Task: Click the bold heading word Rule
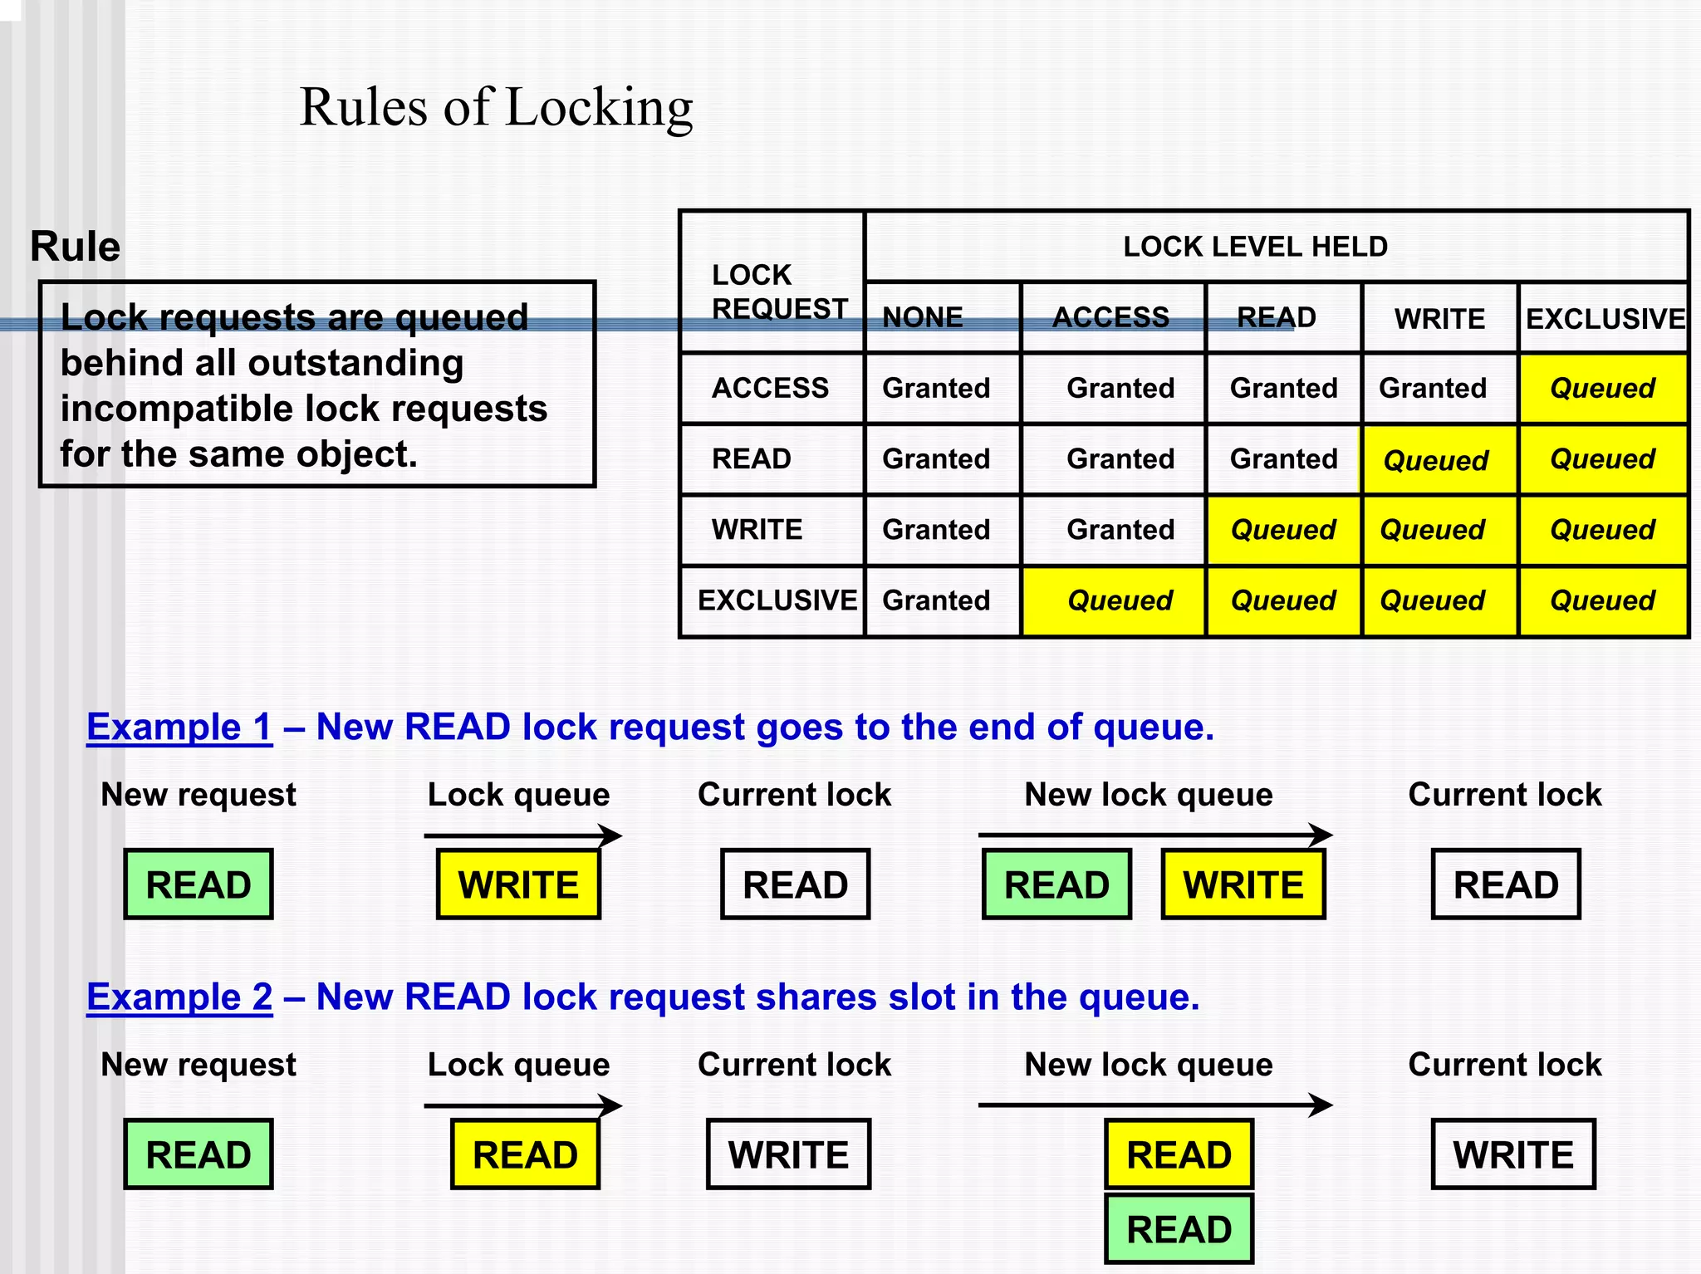(75, 247)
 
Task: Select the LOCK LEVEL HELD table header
(1254, 247)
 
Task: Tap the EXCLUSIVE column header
(1604, 318)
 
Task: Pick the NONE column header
(922, 317)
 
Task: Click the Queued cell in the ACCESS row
(1602, 388)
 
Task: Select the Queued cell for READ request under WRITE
(1435, 460)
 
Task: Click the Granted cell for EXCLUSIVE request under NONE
(936, 600)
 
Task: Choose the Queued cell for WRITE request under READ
(1282, 530)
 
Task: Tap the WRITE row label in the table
(757, 530)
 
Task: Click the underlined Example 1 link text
(179, 728)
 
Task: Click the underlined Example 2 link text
(179, 997)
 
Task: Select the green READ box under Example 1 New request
(199, 884)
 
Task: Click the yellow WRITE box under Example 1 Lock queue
(518, 884)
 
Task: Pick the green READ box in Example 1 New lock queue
(1056, 884)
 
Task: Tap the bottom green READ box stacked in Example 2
(1179, 1229)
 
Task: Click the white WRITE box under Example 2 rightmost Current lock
(1513, 1154)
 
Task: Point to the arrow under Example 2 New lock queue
(1154, 1105)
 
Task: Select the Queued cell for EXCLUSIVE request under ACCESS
(1119, 600)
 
